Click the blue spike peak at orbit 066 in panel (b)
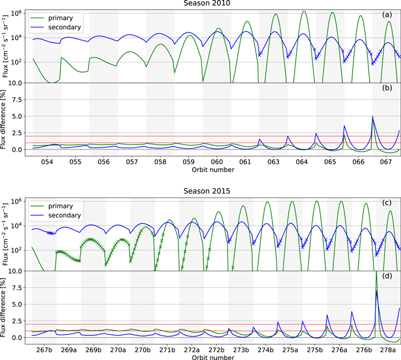[372, 117]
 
